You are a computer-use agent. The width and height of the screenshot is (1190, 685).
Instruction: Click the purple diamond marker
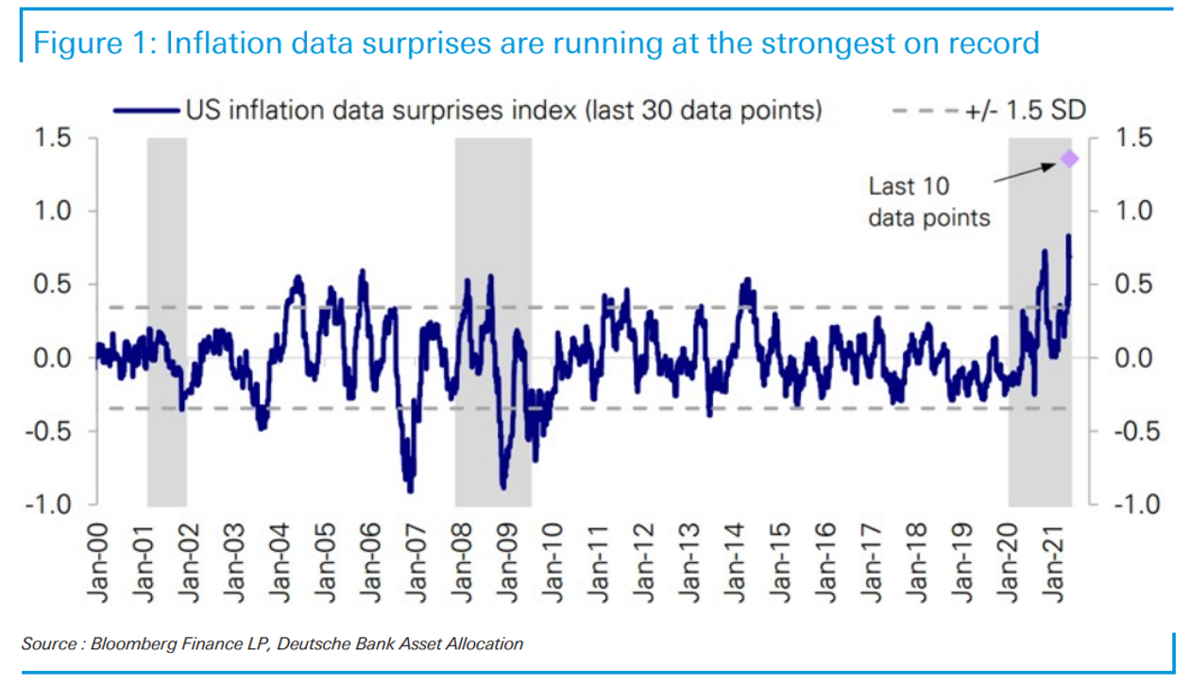pos(1069,159)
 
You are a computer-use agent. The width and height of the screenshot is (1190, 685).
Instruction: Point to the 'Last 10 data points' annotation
pos(928,201)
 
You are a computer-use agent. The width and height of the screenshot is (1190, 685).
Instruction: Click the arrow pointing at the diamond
pos(1025,174)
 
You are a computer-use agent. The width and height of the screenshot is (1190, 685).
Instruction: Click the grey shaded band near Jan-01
pos(166,321)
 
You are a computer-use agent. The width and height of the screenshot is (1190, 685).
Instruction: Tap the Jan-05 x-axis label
pos(325,563)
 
